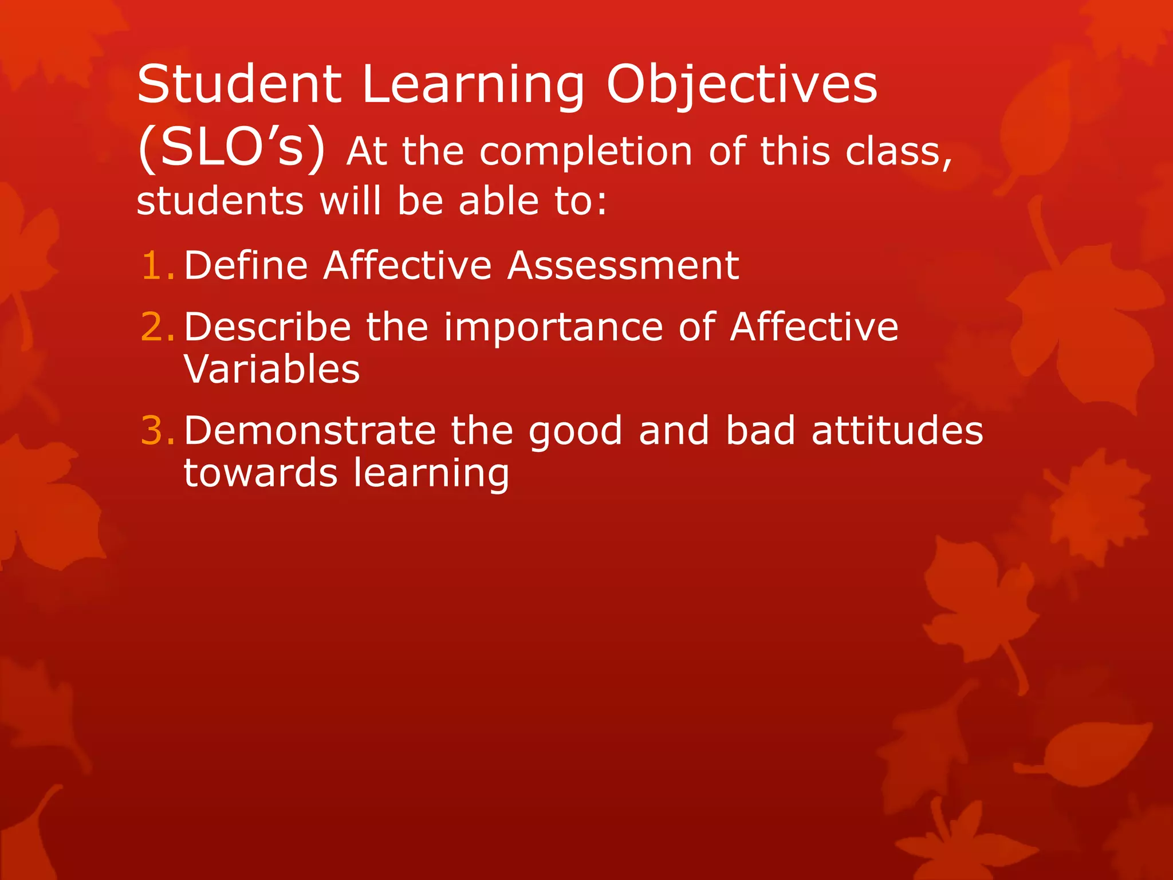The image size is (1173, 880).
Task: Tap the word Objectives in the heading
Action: (741, 86)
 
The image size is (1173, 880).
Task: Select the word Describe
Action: (267, 327)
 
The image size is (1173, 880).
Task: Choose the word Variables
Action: (271, 369)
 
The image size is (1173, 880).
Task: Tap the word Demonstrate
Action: (310, 430)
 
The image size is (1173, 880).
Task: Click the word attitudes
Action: (897, 430)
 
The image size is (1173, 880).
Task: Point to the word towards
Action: (260, 473)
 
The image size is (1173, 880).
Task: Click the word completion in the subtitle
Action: (586, 153)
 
